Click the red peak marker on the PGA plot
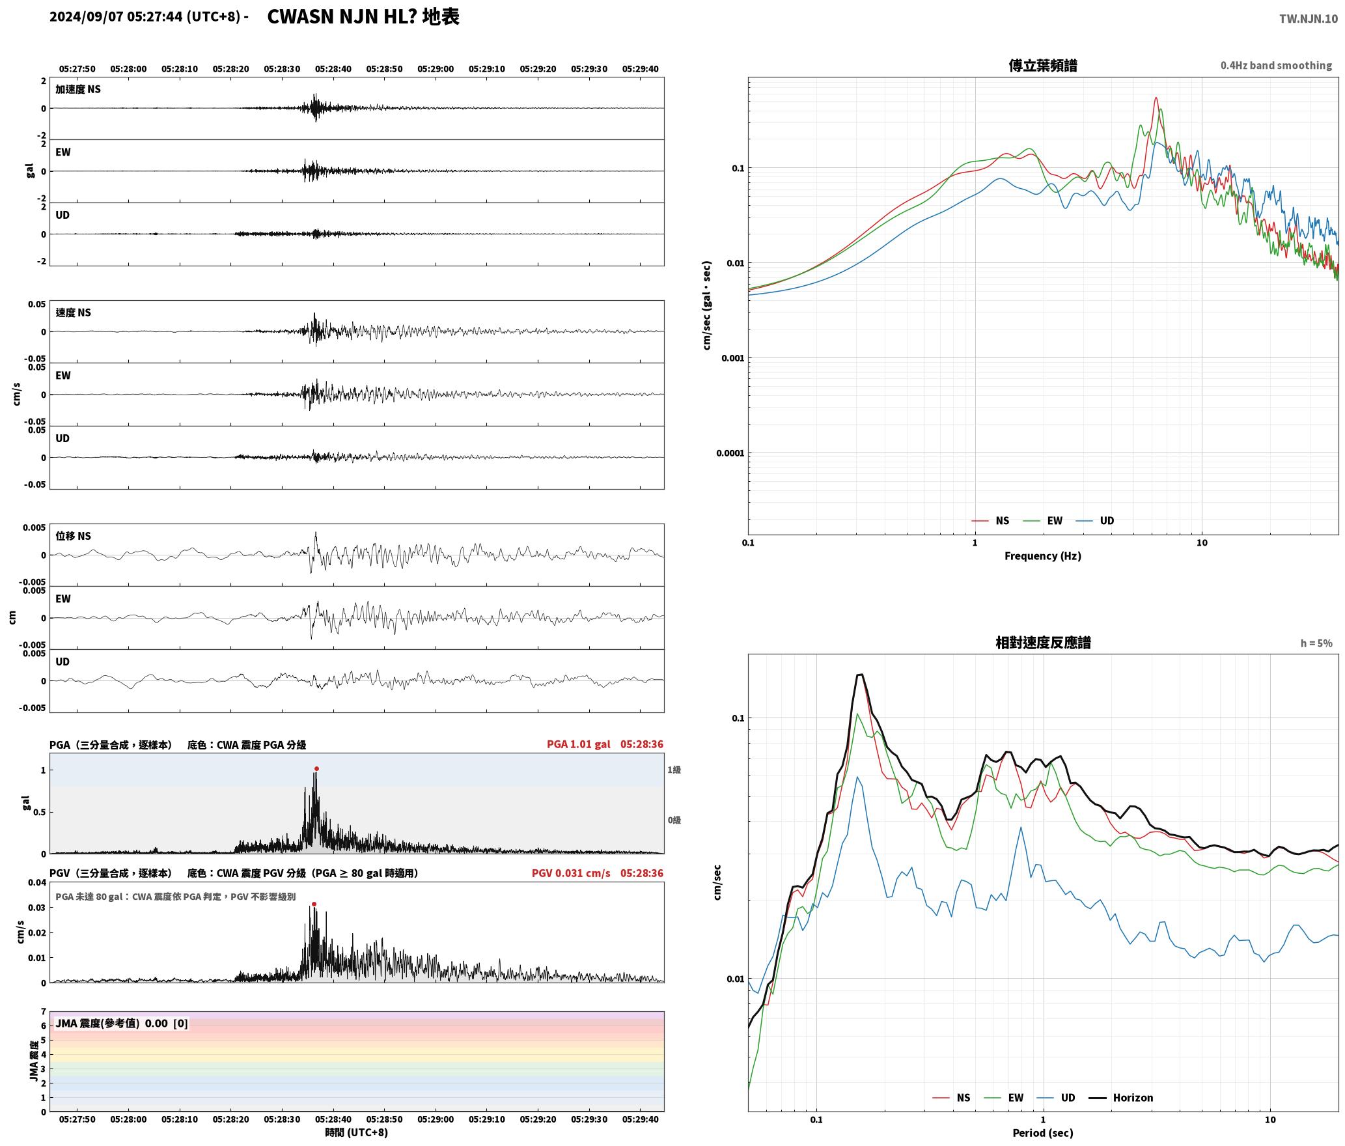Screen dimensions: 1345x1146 coord(316,769)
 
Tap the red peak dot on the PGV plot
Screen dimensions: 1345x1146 coord(314,904)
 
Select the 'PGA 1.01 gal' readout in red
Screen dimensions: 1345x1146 coord(579,744)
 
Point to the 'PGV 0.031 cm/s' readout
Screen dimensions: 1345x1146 coord(571,873)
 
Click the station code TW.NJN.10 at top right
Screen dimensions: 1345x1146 coord(1309,18)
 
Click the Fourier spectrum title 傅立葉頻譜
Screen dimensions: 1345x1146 coord(1042,65)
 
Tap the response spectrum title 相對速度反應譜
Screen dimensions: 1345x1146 coord(1043,643)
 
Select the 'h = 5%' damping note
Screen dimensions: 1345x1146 coord(1316,643)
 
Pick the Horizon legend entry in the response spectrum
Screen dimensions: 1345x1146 coord(1133,1098)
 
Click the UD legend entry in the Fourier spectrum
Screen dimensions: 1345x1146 coord(1107,521)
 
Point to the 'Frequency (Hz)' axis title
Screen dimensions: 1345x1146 coord(1042,556)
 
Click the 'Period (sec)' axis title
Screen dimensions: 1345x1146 coord(1042,1133)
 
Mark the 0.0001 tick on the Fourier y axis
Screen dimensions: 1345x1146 coord(730,453)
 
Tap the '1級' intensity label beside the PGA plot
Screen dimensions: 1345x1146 coord(674,770)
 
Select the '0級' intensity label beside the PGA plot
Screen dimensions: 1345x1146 coord(674,820)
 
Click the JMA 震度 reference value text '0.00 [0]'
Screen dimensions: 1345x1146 coord(166,1024)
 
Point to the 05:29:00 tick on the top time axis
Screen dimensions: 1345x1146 coord(436,69)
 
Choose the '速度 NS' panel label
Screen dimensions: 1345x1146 coord(73,313)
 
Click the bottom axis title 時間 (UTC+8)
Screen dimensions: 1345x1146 coord(356,1132)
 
